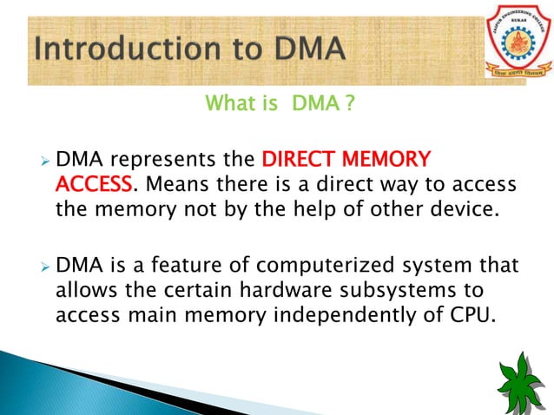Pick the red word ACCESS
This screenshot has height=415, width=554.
point(94,185)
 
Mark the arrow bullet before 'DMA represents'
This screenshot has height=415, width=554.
point(45,161)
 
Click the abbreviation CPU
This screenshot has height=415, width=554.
point(473,313)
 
